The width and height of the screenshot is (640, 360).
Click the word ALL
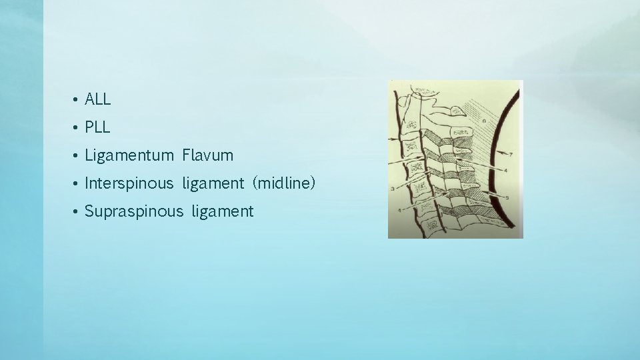(97, 99)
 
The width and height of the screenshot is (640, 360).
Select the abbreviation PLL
(97, 127)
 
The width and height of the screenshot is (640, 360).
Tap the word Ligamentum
(126, 156)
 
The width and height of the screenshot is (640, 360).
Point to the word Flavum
(207, 156)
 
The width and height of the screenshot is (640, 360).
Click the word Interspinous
(129, 183)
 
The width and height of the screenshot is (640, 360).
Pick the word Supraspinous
(133, 212)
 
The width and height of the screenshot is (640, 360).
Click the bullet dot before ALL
(77, 100)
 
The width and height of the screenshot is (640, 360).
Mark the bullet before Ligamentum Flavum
(77, 156)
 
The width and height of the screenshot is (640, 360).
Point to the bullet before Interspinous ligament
(77, 184)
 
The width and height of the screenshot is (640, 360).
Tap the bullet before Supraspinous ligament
(77, 212)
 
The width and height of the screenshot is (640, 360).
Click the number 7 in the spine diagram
(511, 155)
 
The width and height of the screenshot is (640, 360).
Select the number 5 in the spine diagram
(507, 198)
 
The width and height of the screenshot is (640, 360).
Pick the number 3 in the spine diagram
(392, 190)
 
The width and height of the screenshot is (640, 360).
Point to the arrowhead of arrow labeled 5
(483, 193)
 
